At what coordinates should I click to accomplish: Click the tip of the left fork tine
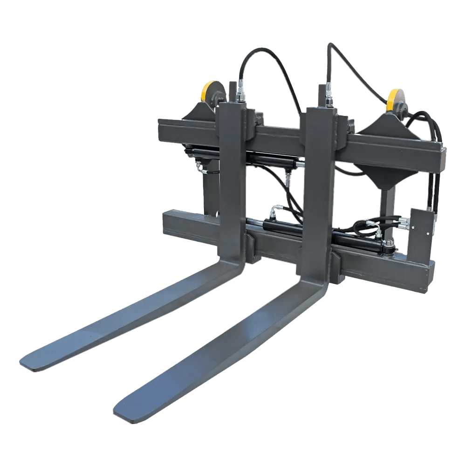pos(29,363)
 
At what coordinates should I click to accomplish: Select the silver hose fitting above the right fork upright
pos(329,91)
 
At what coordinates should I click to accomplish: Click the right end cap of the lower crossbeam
pos(429,277)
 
